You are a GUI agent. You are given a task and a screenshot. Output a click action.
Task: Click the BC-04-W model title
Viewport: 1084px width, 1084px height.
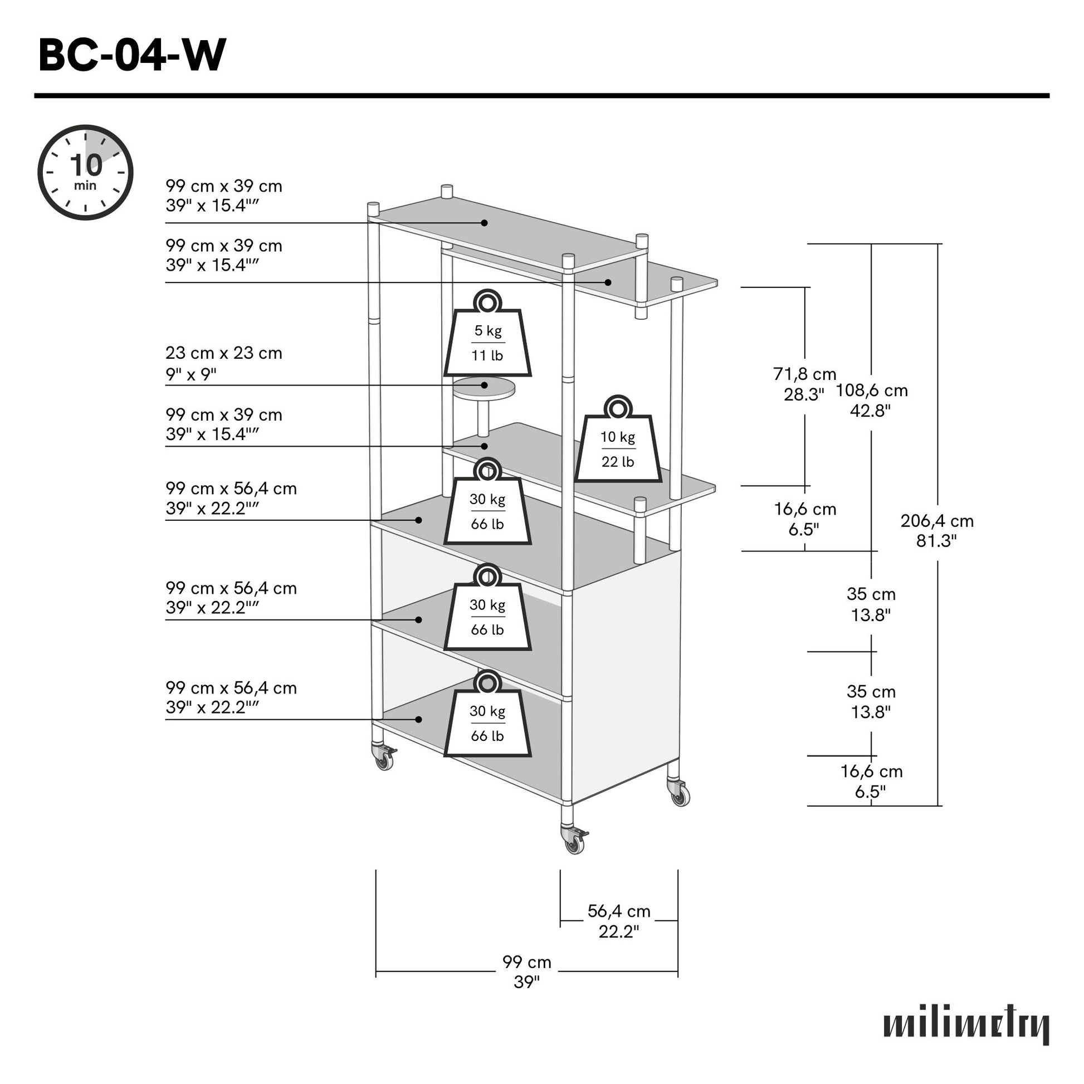pos(132,55)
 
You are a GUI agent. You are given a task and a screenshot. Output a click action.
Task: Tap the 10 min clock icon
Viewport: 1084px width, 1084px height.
pos(85,172)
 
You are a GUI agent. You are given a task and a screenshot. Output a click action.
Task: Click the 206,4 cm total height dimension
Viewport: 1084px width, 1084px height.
pos(936,530)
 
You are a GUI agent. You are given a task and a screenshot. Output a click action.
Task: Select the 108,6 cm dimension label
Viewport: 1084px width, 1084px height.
pos(871,400)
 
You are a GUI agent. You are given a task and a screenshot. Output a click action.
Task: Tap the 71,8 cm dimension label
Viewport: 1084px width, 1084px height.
pos(804,384)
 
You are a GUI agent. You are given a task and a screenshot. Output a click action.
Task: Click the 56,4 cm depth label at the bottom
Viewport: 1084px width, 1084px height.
pos(619,921)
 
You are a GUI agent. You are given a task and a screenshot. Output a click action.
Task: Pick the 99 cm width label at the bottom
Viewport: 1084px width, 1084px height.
pos(526,972)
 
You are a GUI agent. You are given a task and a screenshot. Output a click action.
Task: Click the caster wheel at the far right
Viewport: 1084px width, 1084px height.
pos(680,794)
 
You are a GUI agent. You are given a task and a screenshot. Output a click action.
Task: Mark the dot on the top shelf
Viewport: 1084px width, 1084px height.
pos(484,223)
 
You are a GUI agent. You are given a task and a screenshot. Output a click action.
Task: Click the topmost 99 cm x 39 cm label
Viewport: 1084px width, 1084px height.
pos(224,196)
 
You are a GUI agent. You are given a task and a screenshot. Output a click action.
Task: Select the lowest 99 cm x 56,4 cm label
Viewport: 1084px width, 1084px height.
pos(231,697)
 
